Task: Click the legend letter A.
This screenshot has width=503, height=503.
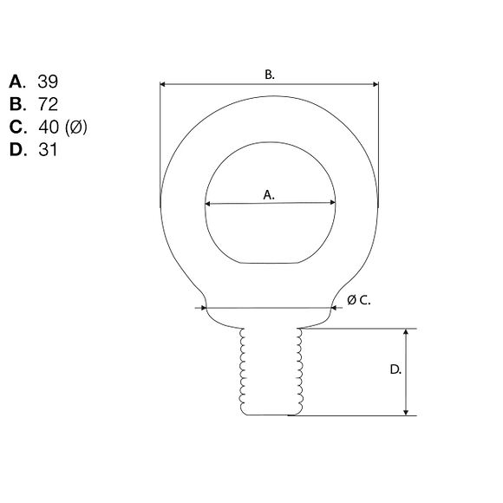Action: [x=17, y=82]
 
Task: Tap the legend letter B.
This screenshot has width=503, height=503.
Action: [x=17, y=104]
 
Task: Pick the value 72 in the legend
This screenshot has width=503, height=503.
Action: [x=49, y=104]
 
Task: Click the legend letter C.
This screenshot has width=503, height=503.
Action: [x=17, y=127]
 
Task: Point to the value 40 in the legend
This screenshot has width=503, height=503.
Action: [x=49, y=127]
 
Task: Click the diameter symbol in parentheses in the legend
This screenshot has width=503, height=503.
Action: [x=76, y=127]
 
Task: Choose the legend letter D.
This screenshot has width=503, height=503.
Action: [x=17, y=149]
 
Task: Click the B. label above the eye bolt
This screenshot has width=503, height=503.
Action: [x=270, y=75]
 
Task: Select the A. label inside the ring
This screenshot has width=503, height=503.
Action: [x=269, y=195]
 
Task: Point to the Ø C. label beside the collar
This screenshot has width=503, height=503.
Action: [x=358, y=299]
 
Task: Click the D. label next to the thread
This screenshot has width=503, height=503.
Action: [x=395, y=369]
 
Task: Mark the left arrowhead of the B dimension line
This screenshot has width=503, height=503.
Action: [x=163, y=84]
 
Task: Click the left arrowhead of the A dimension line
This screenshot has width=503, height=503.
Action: [x=208, y=205]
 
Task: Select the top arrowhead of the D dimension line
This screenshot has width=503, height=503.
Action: [x=405, y=332]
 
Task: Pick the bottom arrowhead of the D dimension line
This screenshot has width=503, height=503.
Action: [x=405, y=412]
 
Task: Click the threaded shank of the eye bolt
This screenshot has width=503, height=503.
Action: [x=271, y=373]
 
